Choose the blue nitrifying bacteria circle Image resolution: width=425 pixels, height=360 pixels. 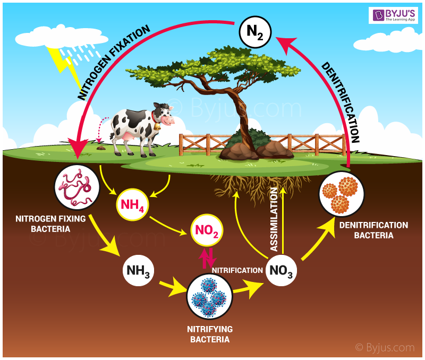point(209,297)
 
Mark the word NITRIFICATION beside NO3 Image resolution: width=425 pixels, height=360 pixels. point(237,270)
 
